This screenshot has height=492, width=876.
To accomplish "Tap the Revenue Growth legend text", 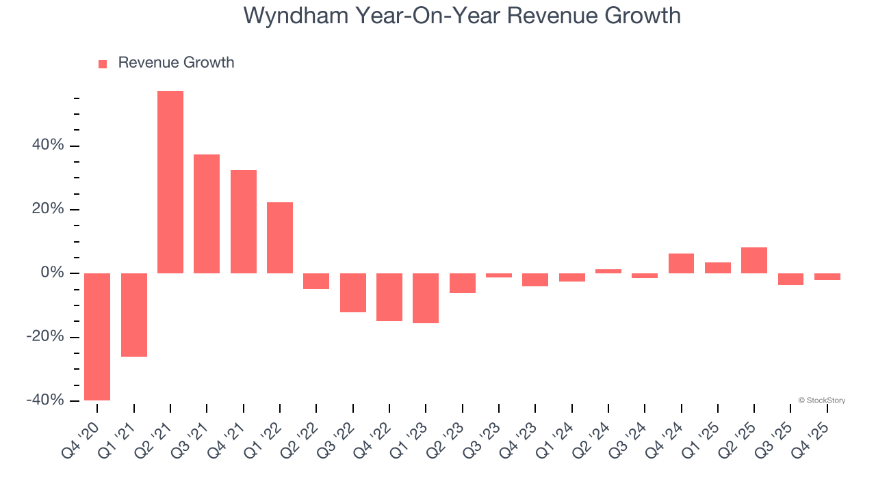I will point(176,63).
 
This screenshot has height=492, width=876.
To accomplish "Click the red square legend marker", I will point(103,64).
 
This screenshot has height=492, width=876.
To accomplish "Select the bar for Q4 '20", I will point(97,336).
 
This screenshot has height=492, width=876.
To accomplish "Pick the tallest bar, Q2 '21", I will point(170,182).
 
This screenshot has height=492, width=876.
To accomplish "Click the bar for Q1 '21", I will point(134,314).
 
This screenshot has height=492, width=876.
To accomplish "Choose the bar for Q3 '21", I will point(207,214).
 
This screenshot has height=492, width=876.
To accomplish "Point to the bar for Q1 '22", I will point(280,238).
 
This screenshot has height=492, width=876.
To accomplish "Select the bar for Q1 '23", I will point(426,298).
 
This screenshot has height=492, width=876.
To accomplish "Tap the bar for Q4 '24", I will point(682,264).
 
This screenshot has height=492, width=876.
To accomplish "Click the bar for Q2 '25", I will point(754,260).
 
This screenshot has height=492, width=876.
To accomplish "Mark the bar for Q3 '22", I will point(353,292).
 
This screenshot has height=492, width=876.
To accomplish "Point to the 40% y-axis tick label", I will point(48,146).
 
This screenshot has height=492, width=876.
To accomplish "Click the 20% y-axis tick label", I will point(48,209).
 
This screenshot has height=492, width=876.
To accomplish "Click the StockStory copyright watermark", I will point(821,400).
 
